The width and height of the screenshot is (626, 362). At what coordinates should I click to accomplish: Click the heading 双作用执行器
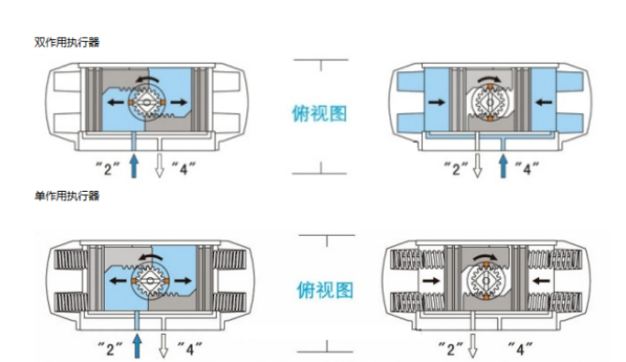66,42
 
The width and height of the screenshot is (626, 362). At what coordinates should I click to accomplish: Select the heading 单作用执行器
66,196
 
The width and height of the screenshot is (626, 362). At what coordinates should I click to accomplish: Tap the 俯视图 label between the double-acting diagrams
319,114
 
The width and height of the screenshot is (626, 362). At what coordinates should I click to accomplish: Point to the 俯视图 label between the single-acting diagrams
325,290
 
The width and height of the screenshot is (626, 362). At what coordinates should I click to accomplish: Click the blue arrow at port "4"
503,166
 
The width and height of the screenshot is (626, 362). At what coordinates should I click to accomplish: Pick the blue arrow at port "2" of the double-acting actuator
134,166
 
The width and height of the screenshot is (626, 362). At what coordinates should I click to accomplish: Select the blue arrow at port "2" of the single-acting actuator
138,346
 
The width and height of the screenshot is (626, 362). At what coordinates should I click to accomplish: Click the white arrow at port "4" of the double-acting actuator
160,166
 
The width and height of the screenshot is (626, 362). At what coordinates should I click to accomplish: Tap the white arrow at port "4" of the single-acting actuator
164,346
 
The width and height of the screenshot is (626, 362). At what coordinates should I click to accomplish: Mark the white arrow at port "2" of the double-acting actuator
477,166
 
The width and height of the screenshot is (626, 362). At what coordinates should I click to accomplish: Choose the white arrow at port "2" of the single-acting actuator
473,346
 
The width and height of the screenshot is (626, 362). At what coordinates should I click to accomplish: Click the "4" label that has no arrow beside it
520,348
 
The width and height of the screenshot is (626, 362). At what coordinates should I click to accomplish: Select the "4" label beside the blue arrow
527,168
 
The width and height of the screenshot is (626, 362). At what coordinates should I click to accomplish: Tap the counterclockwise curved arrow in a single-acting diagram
150,256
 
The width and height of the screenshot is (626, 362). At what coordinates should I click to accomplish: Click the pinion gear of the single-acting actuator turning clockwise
486,281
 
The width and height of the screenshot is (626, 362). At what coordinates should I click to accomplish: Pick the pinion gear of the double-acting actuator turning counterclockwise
147,103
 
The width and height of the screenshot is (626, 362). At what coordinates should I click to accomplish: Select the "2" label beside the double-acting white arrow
457,168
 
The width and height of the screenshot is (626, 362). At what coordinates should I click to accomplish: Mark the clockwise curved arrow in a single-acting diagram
486,257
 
